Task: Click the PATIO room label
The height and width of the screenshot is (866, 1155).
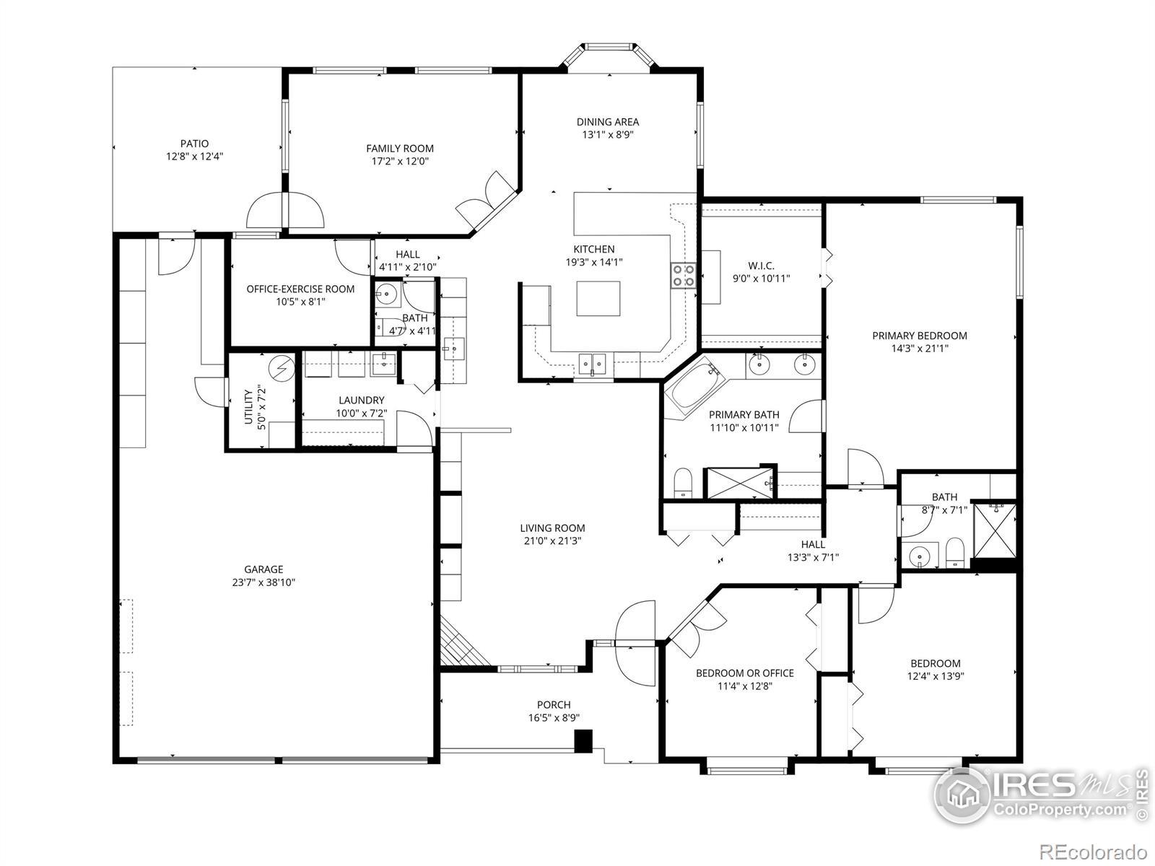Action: [x=194, y=144]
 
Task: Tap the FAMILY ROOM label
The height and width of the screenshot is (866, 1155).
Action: [x=400, y=149]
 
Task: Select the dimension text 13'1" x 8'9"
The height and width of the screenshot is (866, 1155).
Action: [x=608, y=135]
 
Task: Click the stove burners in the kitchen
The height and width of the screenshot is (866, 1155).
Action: [x=683, y=276]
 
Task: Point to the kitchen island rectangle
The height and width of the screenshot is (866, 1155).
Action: [x=598, y=298]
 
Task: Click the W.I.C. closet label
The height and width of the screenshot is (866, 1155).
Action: [x=762, y=266]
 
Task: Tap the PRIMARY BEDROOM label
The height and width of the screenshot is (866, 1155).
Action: [x=920, y=336]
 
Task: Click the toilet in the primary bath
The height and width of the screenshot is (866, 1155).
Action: [x=683, y=482]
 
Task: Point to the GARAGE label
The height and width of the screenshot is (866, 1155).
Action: [x=263, y=569]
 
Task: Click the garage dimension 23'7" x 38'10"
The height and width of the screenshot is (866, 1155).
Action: [x=263, y=582]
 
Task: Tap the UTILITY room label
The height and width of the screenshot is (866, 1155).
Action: [x=249, y=407]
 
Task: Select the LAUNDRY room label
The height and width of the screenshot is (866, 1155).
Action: [x=362, y=400]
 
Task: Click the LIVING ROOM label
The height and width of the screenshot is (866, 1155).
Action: [x=552, y=528]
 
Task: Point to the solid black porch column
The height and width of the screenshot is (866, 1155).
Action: [x=583, y=741]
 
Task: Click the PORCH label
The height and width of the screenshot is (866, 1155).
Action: [x=554, y=704]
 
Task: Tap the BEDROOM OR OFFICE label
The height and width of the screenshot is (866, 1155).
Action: [x=745, y=673]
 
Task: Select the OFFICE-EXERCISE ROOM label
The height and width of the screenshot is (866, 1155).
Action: [x=300, y=289]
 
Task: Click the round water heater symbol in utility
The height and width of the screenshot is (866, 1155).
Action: [x=282, y=367]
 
